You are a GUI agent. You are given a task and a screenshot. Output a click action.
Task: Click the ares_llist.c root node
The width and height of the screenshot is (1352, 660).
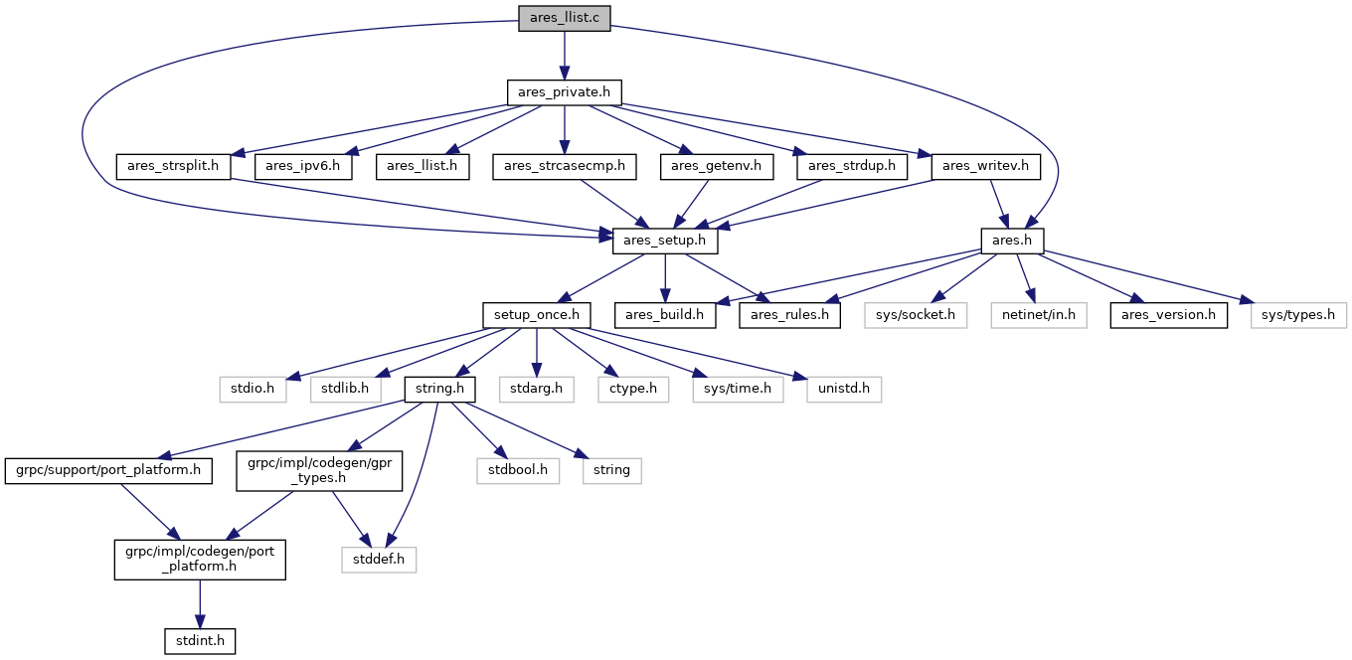(x=565, y=18)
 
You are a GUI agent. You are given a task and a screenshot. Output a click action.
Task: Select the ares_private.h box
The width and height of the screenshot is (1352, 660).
(x=565, y=92)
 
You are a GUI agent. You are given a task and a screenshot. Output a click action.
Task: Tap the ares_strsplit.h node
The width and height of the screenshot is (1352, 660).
(x=173, y=166)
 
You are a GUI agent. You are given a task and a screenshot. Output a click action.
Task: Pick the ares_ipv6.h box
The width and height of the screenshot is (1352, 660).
(x=303, y=166)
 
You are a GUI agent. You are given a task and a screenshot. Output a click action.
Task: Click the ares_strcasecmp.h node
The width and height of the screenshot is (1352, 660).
(x=565, y=166)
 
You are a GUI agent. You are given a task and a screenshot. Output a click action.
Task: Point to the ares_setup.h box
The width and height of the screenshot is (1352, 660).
(x=664, y=241)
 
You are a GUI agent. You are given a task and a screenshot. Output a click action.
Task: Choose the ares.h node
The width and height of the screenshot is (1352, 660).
(x=1012, y=241)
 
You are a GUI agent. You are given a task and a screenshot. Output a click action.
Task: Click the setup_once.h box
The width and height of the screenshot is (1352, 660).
(x=537, y=315)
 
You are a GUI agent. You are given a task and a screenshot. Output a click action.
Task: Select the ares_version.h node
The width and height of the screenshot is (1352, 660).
(x=1168, y=315)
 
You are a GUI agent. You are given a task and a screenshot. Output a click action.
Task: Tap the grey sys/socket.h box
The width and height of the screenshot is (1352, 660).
(x=916, y=315)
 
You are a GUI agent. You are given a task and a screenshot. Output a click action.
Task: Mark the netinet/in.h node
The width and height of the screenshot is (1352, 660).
(x=1039, y=315)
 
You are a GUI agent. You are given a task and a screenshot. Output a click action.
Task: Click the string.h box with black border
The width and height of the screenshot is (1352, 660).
(x=440, y=389)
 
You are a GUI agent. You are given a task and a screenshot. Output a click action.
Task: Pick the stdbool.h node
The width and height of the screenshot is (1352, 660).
(x=518, y=470)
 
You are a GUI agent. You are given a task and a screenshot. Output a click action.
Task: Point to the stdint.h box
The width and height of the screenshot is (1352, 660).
(x=200, y=641)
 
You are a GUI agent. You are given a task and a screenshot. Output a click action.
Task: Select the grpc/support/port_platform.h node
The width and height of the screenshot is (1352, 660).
(x=108, y=470)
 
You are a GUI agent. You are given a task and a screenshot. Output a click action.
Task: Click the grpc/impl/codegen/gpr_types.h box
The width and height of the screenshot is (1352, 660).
(x=319, y=470)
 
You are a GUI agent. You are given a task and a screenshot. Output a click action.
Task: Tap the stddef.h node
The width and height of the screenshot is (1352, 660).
(x=379, y=560)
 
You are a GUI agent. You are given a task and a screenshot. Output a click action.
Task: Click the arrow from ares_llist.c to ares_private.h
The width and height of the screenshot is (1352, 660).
(x=565, y=56)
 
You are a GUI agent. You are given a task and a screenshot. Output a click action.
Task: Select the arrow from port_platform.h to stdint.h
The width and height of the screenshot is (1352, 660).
(x=200, y=604)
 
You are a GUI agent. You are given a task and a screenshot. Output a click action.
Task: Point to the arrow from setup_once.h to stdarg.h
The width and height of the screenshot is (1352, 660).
(x=537, y=352)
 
